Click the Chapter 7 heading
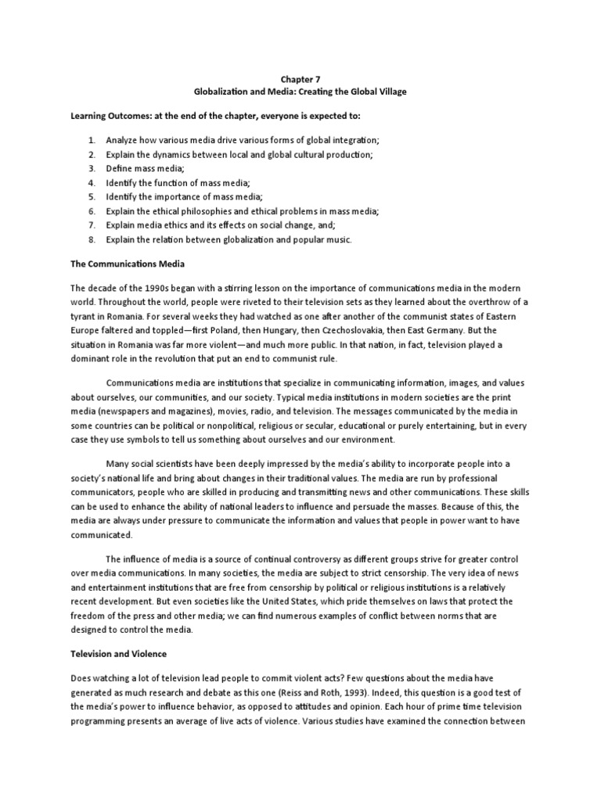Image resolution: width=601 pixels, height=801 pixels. pyautogui.click(x=300, y=79)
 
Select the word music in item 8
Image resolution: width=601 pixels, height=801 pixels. pyautogui.click(x=338, y=239)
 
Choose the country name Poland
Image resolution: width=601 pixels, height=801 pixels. pyautogui.click(x=213, y=330)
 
